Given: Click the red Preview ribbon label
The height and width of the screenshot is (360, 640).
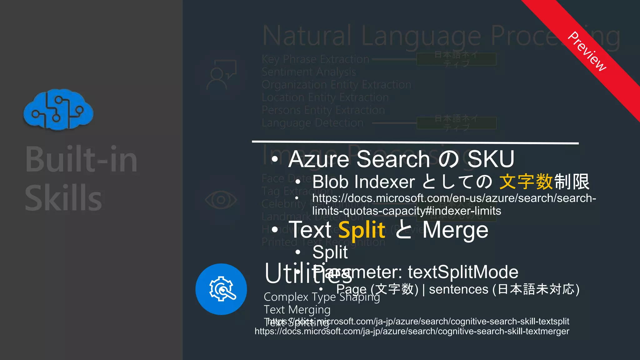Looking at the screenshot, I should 587,52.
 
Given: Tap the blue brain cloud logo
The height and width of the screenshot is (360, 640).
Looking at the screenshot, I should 58,109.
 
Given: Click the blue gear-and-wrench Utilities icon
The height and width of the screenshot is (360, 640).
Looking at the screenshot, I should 221,289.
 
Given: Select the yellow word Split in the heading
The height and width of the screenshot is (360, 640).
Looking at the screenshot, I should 362,230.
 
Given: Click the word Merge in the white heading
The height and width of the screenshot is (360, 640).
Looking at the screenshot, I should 455,230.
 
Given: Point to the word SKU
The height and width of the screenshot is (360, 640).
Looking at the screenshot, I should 491,159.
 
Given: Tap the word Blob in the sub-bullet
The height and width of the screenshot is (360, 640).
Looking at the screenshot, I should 331,182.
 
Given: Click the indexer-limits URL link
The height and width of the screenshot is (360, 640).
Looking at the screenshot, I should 454,204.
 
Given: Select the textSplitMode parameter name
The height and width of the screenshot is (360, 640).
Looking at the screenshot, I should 463,272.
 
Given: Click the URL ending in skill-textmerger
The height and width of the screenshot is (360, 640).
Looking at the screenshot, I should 412,331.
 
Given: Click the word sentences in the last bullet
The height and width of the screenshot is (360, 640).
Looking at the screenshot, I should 458,289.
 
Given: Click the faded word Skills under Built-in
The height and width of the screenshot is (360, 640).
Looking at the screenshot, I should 63,198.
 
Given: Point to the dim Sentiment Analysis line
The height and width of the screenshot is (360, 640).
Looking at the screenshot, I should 309,72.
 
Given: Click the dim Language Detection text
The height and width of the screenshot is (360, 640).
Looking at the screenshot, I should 312,123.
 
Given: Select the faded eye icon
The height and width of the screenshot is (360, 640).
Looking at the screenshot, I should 221,200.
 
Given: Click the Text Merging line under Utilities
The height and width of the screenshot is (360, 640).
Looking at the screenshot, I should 297,310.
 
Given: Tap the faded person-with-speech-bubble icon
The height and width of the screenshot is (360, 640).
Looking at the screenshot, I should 221,75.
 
